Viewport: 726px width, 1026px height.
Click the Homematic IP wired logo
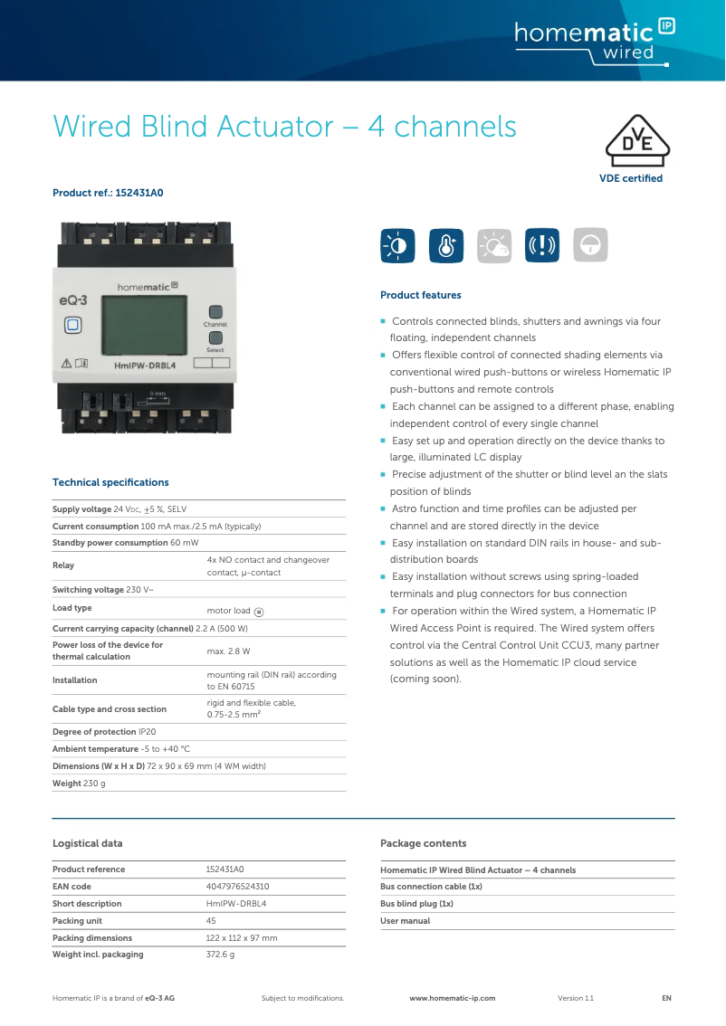(594, 41)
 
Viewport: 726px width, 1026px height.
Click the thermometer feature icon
(445, 245)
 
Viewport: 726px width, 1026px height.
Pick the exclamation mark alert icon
(542, 245)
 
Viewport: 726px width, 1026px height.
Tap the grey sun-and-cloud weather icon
(494, 245)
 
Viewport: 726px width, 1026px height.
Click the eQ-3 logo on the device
(73, 299)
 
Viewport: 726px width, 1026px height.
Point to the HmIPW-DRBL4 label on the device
(145, 366)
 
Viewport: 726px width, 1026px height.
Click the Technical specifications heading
(110, 482)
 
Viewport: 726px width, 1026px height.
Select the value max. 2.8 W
(228, 651)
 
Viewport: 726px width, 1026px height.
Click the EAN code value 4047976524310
(237, 887)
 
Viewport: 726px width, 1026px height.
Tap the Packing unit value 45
(211, 920)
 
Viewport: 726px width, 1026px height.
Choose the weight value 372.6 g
(220, 955)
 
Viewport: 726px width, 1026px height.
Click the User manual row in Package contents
(405, 921)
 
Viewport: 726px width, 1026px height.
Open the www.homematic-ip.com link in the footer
(452, 998)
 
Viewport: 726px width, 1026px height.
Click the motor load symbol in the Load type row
(259, 612)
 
